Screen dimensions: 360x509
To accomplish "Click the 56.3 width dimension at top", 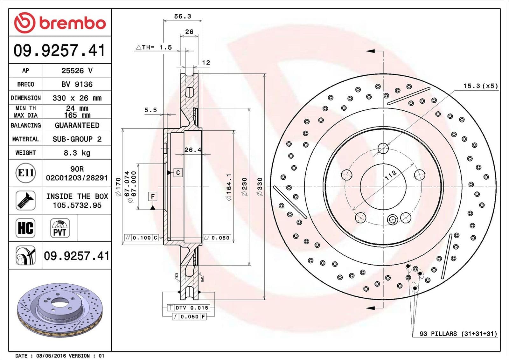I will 183,16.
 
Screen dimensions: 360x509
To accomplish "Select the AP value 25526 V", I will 77,71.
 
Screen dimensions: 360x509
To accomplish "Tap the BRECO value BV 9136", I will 77,84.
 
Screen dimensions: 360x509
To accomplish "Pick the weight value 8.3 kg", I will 77,153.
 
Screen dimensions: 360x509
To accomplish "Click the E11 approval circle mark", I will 26,173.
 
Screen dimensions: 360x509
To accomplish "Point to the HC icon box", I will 25,228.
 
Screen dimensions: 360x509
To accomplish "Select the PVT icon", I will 60,228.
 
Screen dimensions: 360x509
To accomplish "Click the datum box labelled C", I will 178,173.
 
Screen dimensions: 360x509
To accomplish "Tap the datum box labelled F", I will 153,197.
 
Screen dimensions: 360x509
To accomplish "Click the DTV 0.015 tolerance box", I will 188,308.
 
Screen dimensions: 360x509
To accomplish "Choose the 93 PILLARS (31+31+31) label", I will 458,334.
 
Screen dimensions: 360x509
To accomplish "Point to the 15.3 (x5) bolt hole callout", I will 480,86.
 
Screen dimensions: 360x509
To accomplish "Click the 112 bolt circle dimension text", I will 391,175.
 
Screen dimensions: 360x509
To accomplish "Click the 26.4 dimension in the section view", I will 192,150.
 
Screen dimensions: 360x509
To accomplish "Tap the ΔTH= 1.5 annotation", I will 154,47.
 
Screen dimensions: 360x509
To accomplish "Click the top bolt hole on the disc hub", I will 383,148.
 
